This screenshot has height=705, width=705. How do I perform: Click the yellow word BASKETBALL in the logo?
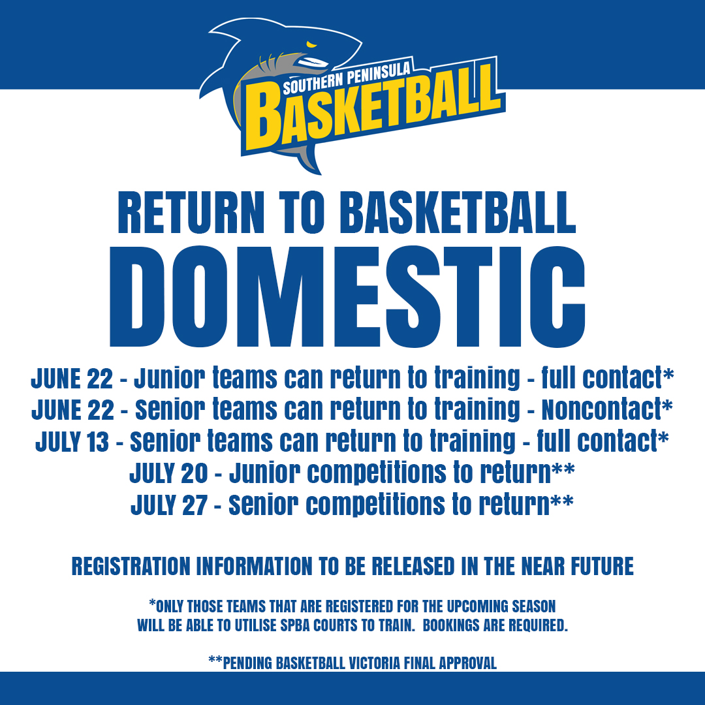click(373, 108)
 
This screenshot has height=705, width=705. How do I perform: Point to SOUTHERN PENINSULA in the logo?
click(347, 77)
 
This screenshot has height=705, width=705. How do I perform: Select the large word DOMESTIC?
click(347, 297)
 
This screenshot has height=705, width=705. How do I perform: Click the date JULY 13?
click(72, 441)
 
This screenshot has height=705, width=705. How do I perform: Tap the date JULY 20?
click(168, 473)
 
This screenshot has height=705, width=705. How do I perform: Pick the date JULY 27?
click(168, 505)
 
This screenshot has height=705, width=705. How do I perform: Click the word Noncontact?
click(602, 409)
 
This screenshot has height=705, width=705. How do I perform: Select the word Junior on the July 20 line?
click(264, 473)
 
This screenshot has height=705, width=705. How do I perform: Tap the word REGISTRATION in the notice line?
click(131, 567)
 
